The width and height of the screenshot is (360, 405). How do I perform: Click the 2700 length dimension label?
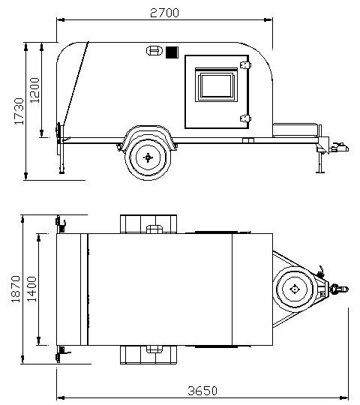(164, 13)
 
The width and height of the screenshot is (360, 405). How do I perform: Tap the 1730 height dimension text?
(19, 111)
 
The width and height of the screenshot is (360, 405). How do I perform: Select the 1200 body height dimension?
(34, 90)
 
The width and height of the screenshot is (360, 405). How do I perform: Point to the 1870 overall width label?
(16, 289)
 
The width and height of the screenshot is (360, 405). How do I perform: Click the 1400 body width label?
(31, 289)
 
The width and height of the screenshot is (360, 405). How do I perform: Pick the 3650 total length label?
(202, 391)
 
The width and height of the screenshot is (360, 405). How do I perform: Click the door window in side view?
(217, 85)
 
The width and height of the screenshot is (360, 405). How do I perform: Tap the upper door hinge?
(245, 64)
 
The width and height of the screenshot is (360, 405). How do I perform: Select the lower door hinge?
(245, 118)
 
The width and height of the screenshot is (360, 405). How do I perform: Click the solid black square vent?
(172, 52)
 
